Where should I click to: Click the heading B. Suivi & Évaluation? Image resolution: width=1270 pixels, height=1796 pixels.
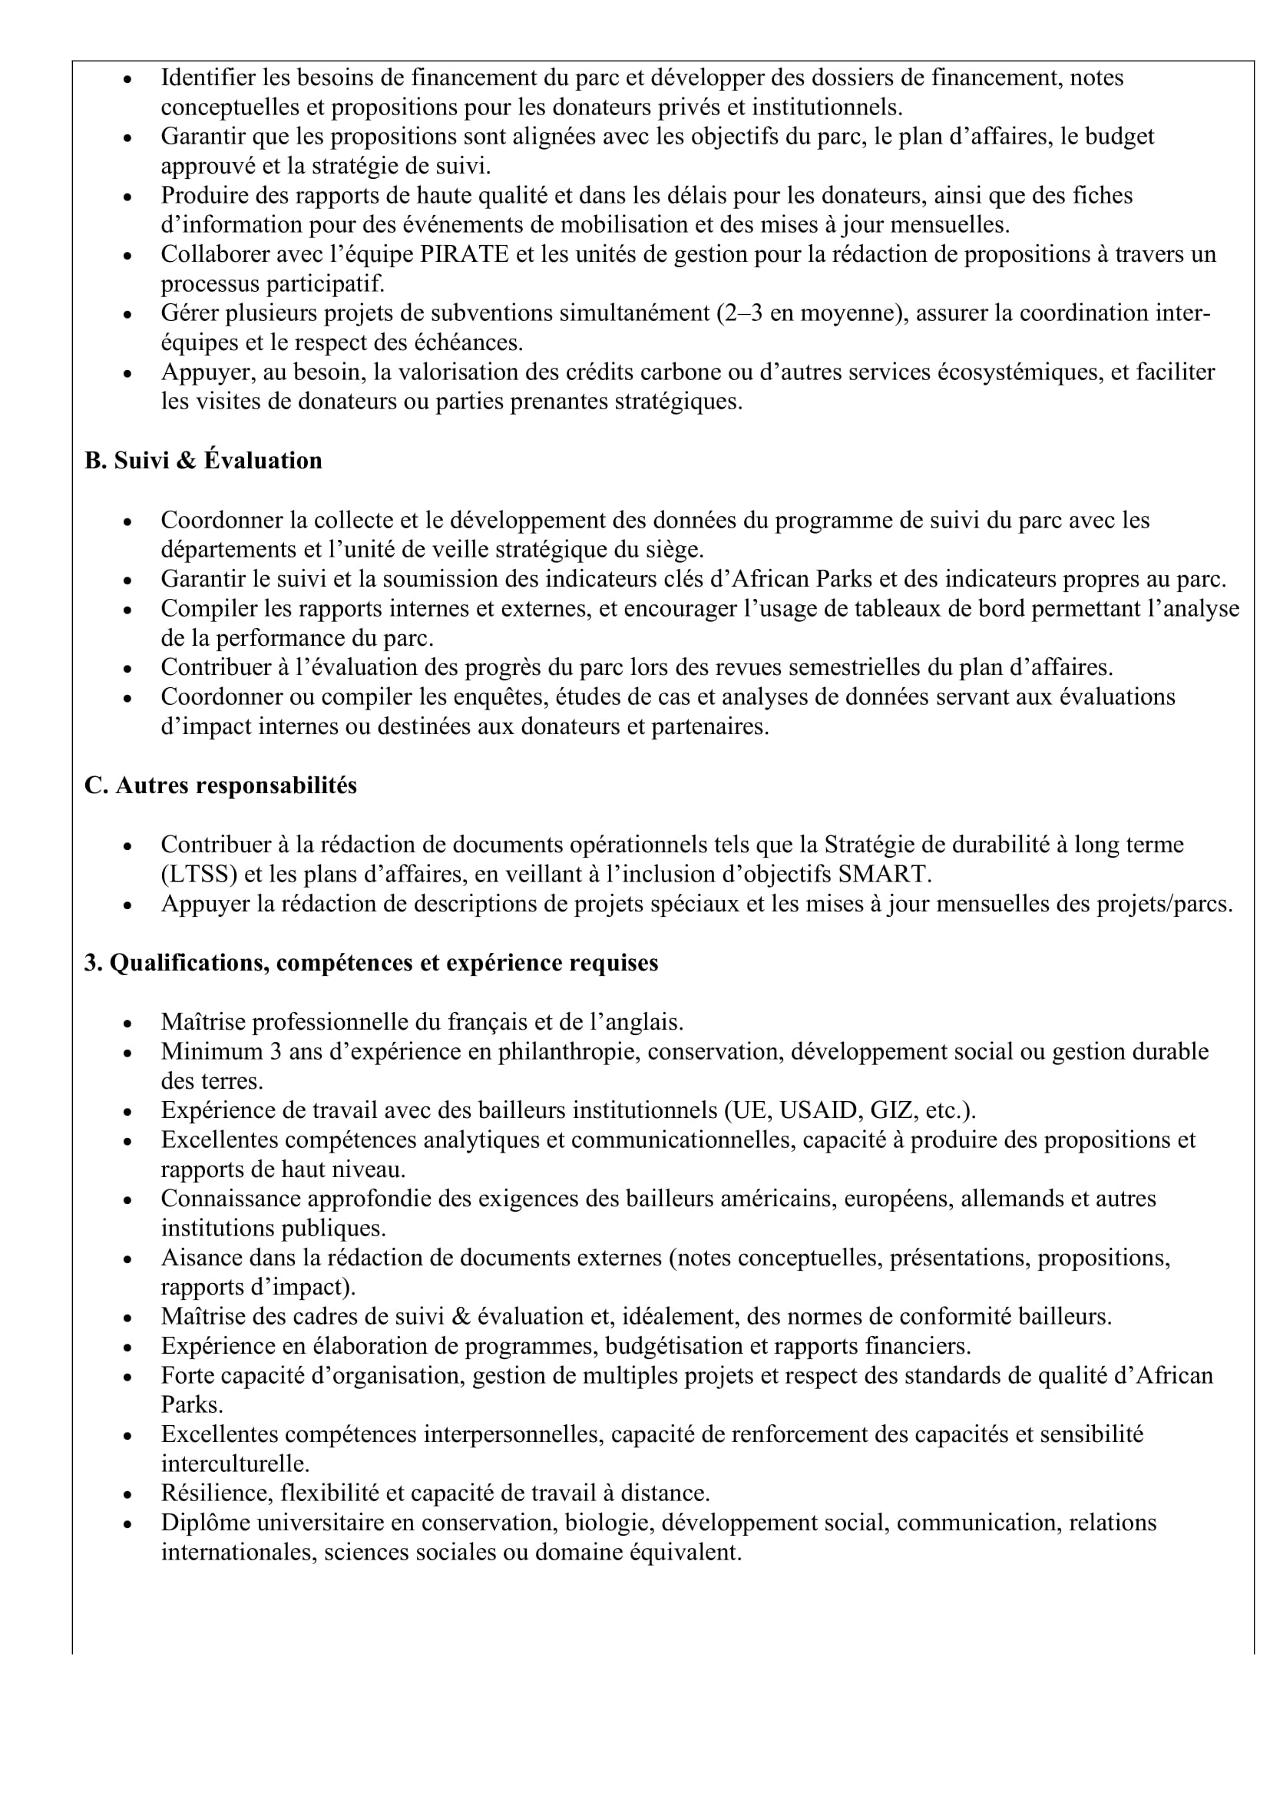[x=203, y=461]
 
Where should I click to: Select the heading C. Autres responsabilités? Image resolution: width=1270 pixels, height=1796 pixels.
[x=220, y=786]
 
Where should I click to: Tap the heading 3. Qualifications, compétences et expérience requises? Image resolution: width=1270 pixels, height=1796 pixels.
[x=372, y=963]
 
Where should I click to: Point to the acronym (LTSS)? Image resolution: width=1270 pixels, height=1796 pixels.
[x=199, y=874]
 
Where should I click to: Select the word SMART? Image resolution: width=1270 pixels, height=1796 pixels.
[x=886, y=874]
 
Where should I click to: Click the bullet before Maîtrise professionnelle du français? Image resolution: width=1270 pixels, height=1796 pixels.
[x=127, y=1023]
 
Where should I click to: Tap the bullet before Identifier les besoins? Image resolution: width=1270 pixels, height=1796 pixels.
[x=127, y=79]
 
